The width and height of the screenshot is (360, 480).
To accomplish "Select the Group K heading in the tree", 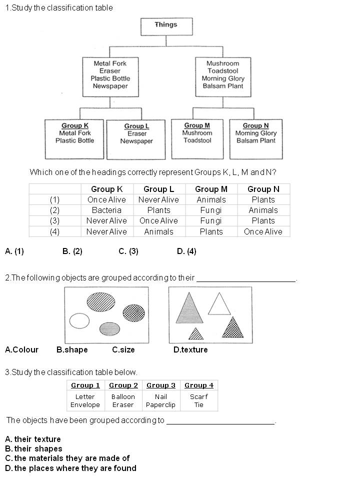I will pos(75,125).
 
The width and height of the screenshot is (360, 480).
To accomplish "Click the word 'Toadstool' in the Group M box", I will pos(197,140).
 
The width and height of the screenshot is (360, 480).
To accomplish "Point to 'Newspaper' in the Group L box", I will pos(136,141).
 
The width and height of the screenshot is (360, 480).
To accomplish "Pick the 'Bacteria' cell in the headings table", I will pos(106,210).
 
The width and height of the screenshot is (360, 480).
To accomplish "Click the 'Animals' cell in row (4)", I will pos(158,231).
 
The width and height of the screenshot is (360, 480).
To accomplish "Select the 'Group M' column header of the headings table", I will pos(211,189).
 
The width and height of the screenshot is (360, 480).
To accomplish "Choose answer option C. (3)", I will pos(128,251).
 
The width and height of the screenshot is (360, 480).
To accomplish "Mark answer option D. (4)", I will pos(186,251).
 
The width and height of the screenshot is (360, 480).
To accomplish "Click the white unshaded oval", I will pos(79,320).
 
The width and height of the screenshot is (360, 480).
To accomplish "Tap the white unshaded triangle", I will pos(218,304).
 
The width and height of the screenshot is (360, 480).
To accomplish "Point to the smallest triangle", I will pos(196,333).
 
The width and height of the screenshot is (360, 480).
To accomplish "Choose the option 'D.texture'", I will pos(190,349).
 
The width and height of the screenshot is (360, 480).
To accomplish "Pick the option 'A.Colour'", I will pos(21,349).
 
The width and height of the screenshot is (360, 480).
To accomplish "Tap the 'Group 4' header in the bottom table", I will pos(199,385).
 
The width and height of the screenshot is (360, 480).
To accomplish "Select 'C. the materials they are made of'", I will pos(67,458).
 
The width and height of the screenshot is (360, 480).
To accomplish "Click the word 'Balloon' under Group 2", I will pos(123,396).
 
